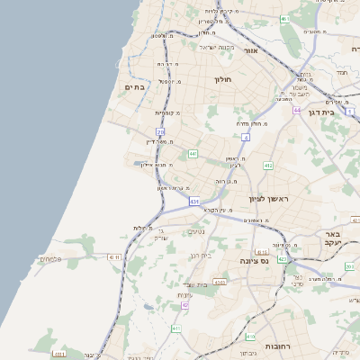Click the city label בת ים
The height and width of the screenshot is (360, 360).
[x=134, y=86]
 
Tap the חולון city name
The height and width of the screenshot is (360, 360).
[x=222, y=80]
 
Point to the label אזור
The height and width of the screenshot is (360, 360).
[x=251, y=51]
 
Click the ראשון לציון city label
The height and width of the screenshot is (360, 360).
[x=263, y=198]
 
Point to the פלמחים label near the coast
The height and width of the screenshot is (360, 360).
[x=50, y=259]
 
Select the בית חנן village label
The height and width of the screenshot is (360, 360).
[x=199, y=256]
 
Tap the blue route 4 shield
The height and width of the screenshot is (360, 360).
[x=245, y=138]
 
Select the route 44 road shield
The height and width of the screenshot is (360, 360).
[x=296, y=110]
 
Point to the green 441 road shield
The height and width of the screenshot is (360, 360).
[x=193, y=154]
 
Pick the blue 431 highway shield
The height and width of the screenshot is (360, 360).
[x=193, y=202]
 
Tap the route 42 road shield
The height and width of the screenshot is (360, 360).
[x=185, y=305]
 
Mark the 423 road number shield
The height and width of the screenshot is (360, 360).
[x=283, y=259]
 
